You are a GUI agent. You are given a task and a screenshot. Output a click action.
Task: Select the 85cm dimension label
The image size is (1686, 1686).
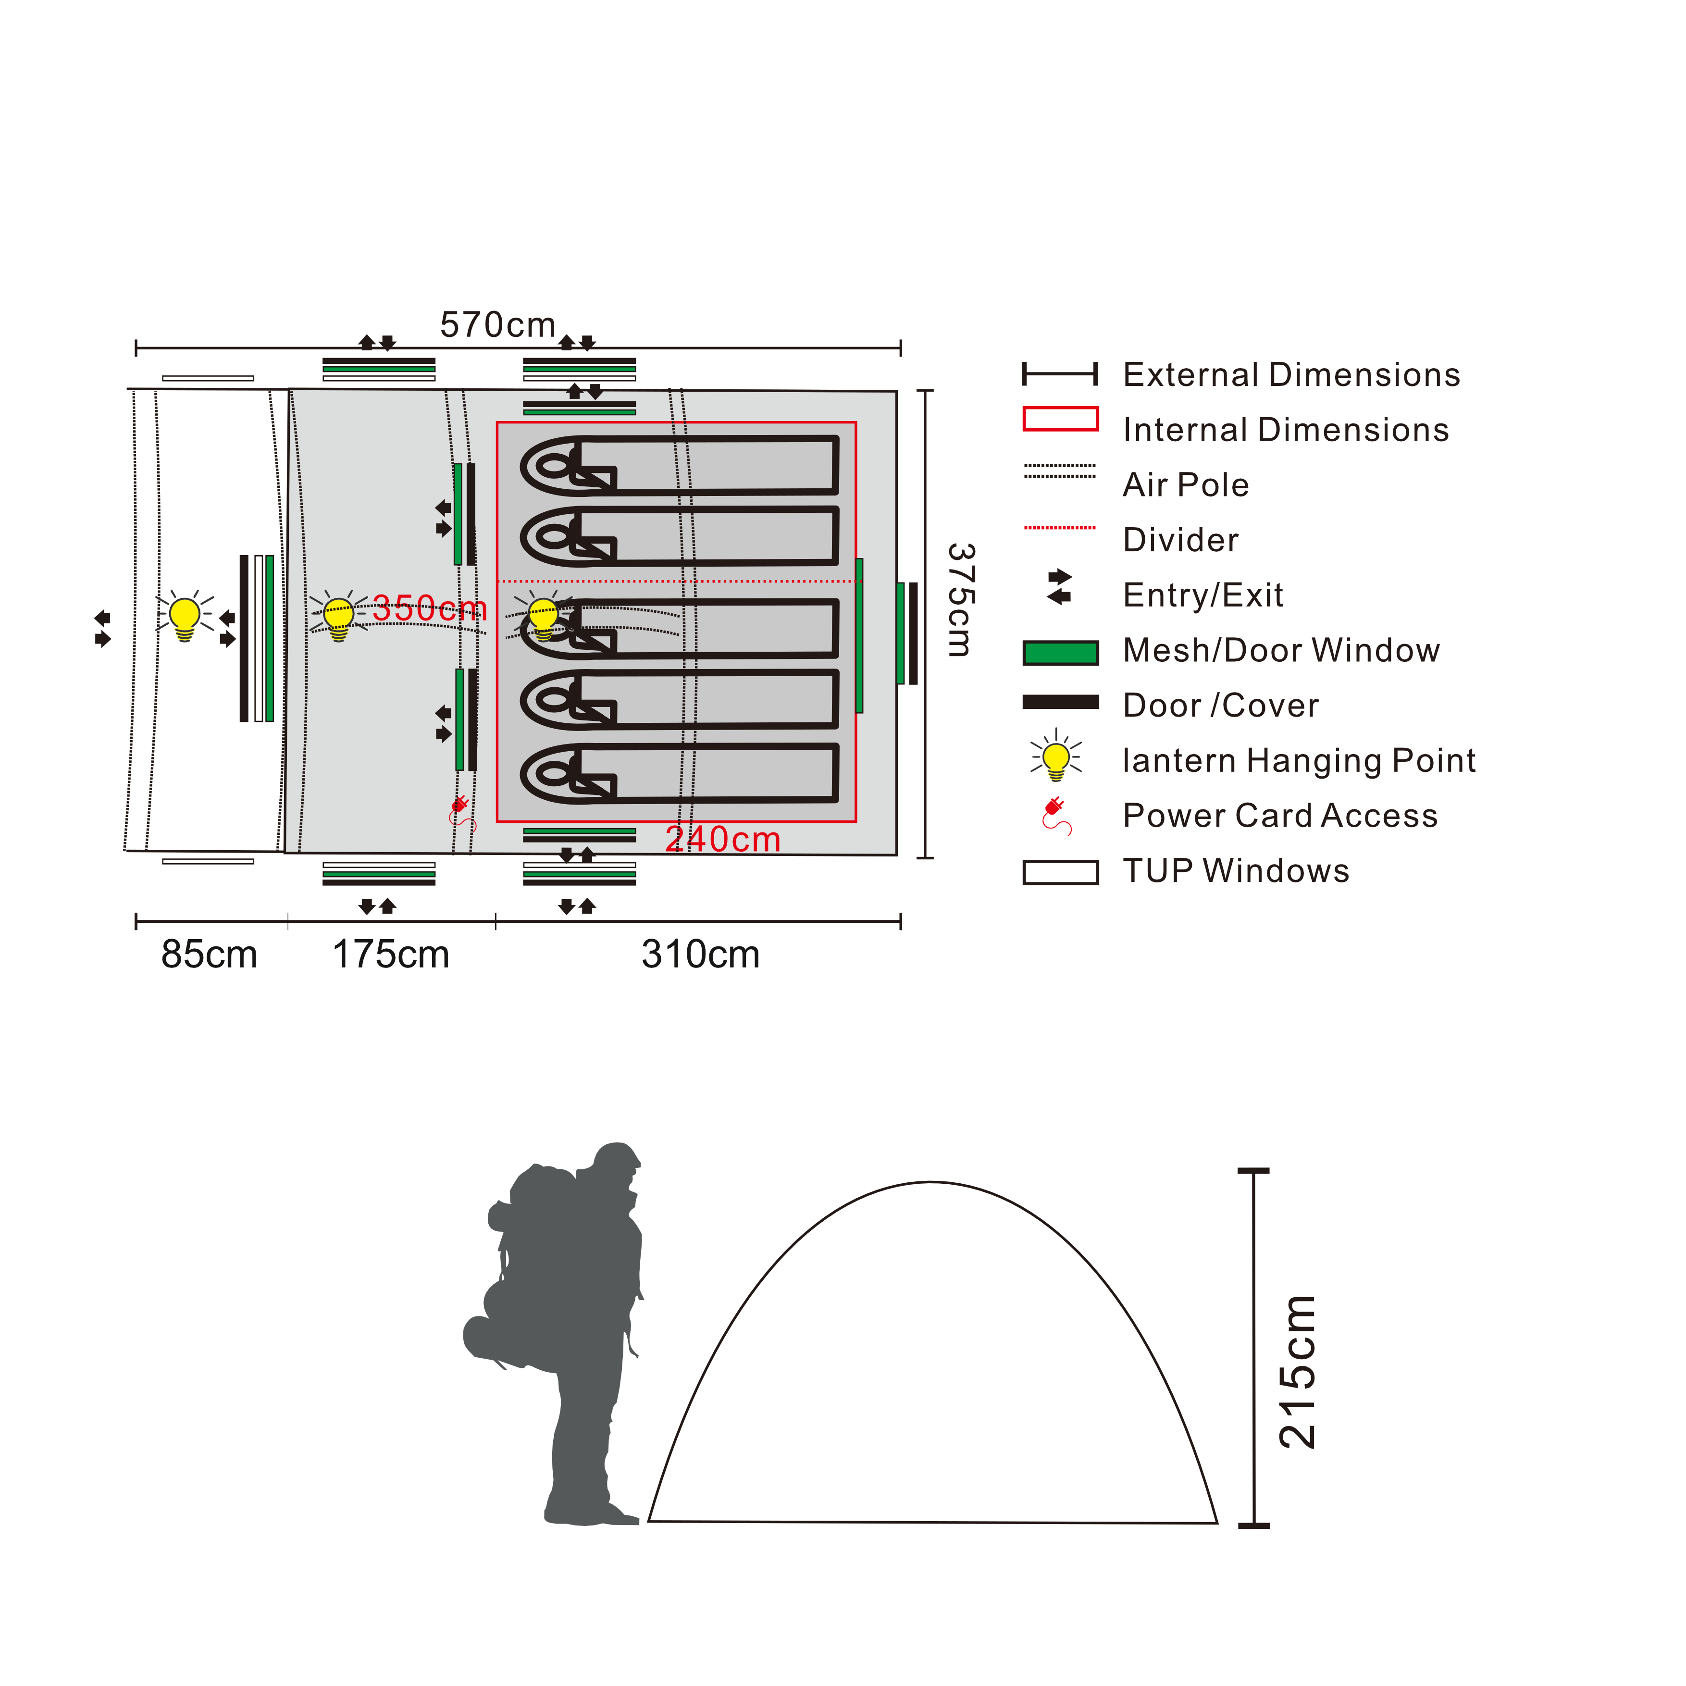click(210, 955)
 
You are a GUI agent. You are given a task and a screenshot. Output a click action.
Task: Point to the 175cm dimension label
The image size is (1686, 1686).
click(391, 955)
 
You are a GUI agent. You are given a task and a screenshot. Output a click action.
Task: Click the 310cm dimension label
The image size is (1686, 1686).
click(701, 955)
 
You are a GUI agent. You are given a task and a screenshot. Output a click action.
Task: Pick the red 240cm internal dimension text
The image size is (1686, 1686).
click(722, 840)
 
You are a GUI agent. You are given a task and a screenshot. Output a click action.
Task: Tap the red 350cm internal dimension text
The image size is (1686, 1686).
click(429, 608)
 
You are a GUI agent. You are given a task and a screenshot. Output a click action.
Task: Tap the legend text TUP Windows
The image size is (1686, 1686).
click(1236, 871)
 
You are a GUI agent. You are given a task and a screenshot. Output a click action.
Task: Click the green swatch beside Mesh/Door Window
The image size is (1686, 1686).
click(1060, 653)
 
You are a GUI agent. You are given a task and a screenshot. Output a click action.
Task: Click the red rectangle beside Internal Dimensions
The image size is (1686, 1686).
click(1060, 419)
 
